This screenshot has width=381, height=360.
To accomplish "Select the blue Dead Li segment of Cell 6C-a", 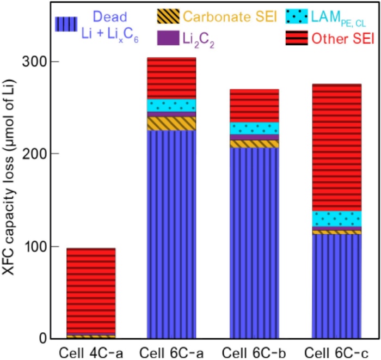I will [x=172, y=234].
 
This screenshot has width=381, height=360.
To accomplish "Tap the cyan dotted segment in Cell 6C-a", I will [x=172, y=105].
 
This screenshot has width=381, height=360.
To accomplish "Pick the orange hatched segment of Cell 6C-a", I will [x=172, y=124].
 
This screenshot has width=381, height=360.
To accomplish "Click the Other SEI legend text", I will [x=337, y=38].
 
